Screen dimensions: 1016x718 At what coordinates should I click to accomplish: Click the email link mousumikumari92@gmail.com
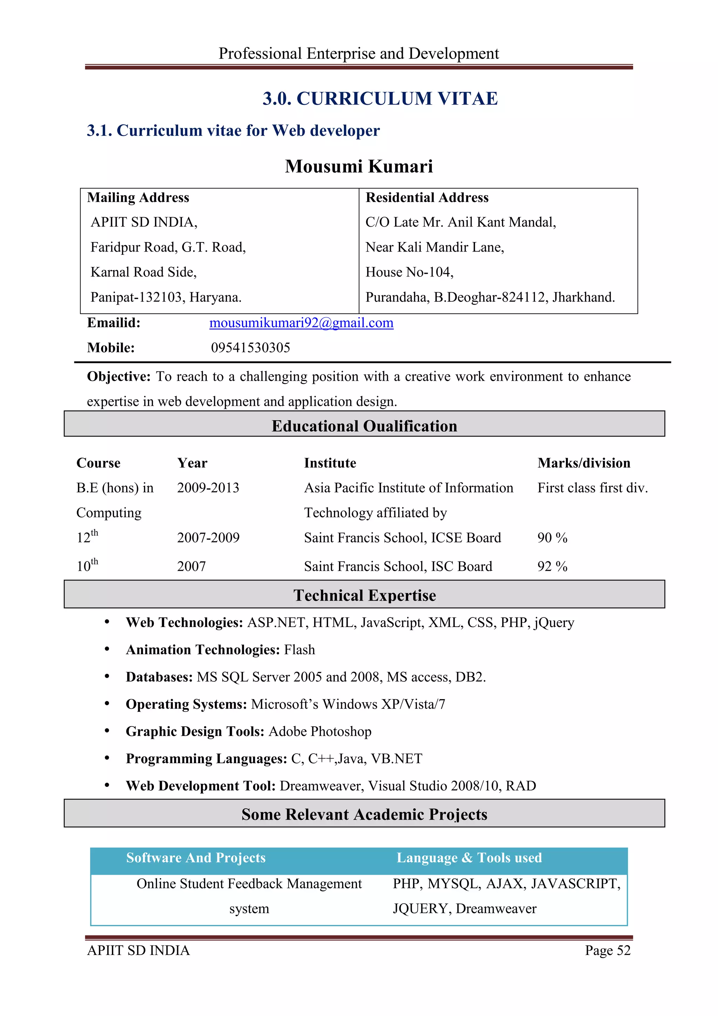(x=301, y=323)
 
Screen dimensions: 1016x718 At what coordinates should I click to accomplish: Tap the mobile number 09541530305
(x=250, y=348)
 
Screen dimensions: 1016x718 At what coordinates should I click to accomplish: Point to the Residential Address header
(x=427, y=198)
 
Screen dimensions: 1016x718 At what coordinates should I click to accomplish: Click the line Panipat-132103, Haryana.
(x=166, y=297)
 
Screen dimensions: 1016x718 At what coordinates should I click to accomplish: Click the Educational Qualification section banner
(x=364, y=425)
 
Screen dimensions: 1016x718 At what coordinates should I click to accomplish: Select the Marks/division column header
(x=584, y=463)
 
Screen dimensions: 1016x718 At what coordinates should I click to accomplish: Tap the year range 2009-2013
(x=208, y=488)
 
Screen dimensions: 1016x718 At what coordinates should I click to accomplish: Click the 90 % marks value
(x=552, y=538)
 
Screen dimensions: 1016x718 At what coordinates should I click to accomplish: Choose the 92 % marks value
(x=552, y=566)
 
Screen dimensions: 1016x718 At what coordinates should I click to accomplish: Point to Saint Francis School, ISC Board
(x=398, y=566)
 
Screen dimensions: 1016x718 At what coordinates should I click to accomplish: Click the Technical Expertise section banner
(x=364, y=595)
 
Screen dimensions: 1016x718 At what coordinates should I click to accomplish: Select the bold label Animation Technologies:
(x=203, y=650)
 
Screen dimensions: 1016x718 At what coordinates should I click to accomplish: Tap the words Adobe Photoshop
(x=320, y=731)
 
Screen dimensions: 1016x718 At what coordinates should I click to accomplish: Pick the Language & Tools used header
(x=469, y=857)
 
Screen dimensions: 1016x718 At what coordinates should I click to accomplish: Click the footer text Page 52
(x=608, y=950)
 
